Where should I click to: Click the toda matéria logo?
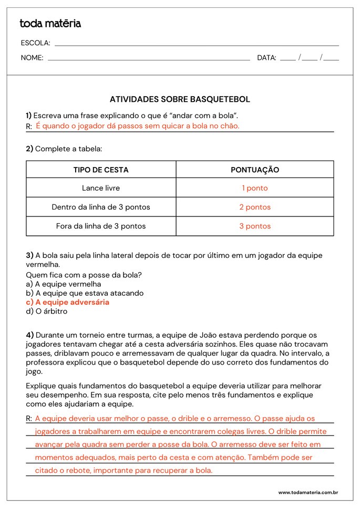coord(50,24)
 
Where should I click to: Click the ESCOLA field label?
coord(35,43)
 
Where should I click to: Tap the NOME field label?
coord(32,58)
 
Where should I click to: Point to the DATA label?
coord(266,58)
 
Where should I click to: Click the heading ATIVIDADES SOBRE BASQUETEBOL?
coord(180,99)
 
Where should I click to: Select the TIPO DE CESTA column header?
coord(101,170)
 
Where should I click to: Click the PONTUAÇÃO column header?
coord(255,170)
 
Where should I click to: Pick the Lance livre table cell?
coord(101,188)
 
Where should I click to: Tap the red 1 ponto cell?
coord(255,188)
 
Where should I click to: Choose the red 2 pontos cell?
coord(255,207)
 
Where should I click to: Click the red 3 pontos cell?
coord(255,226)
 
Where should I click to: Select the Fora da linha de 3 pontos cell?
coord(101,226)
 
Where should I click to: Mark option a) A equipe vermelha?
coord(64,284)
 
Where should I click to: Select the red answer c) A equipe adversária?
coord(68,302)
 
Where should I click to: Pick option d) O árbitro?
coord(47,311)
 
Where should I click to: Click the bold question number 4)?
coord(30,335)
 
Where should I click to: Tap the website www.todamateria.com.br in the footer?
coord(307,492)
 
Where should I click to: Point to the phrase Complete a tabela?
coord(68,149)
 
